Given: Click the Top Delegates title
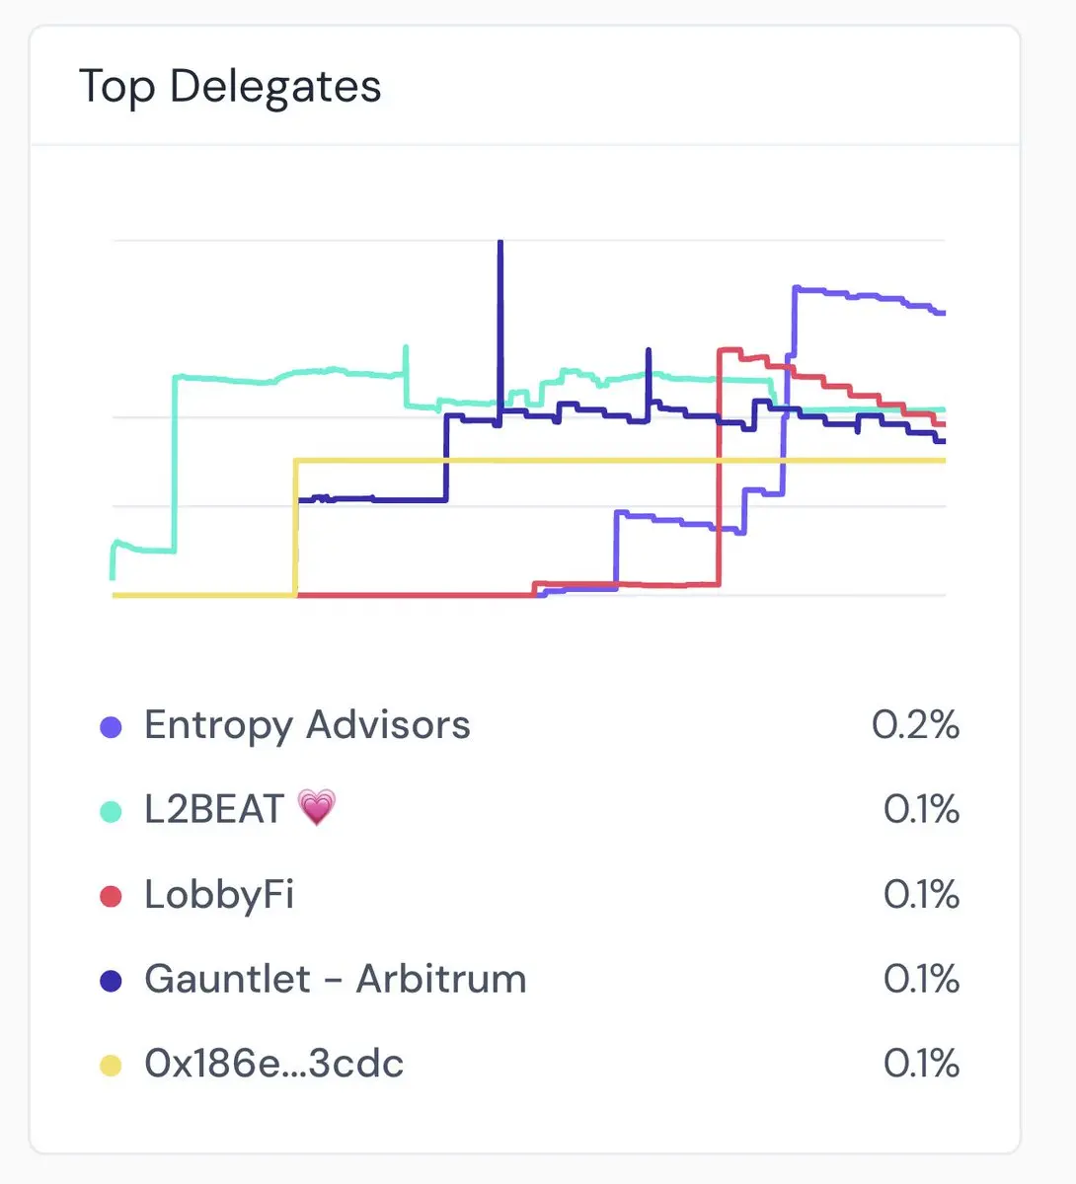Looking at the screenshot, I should pos(230,86).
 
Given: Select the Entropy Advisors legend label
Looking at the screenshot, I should pos(307,725).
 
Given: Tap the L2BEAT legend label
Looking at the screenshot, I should pos(214,810).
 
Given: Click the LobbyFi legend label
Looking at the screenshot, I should pos(219,895).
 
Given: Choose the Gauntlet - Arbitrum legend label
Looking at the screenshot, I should pos(335,979).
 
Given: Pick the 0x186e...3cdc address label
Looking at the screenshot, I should pos(273,1064).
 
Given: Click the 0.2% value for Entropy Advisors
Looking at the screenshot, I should pos(915,725).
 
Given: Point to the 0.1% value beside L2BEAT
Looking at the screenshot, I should pos(921,810).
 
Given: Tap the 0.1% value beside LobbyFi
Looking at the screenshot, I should pos(921,895).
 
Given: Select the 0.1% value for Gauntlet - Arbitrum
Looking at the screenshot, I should pos(921,979).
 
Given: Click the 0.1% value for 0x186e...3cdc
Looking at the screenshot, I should pos(921,1064).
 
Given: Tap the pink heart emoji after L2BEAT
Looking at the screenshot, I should pos(317,809).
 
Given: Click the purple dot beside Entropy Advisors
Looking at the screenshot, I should pos(111,727).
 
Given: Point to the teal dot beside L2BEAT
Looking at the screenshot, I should pos(111,812).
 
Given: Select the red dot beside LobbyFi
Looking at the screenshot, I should pos(111,897).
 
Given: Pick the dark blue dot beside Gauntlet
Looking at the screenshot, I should pos(111,981).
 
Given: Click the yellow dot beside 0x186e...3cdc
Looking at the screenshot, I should pos(111,1066).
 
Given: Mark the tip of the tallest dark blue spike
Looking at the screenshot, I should pos(500,242).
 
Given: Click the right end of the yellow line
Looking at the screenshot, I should pos(944,461).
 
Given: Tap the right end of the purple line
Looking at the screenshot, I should pos(944,313).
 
